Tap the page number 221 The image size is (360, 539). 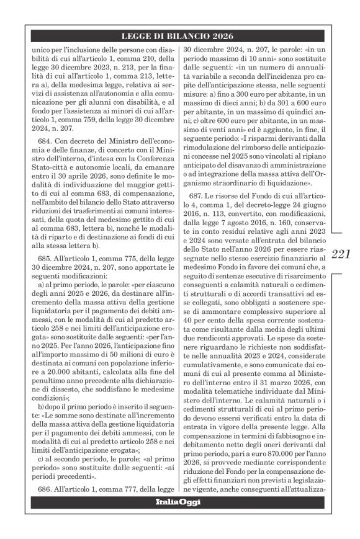pos(341,254)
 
